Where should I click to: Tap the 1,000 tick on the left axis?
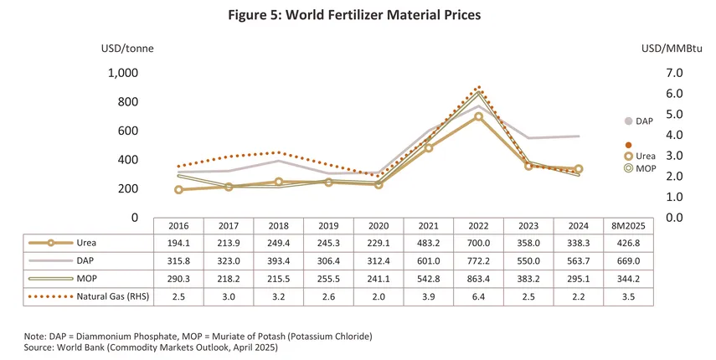click(123, 73)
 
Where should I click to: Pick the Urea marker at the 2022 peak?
click(478, 116)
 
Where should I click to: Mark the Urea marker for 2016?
click(178, 190)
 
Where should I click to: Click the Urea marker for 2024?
click(578, 169)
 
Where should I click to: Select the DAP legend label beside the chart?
click(644, 121)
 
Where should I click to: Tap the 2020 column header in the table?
click(379, 225)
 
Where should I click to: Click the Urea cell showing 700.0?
click(478, 243)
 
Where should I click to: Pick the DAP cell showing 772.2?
click(478, 261)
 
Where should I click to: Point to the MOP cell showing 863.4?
click(478, 279)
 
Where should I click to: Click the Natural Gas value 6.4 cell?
click(478, 296)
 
